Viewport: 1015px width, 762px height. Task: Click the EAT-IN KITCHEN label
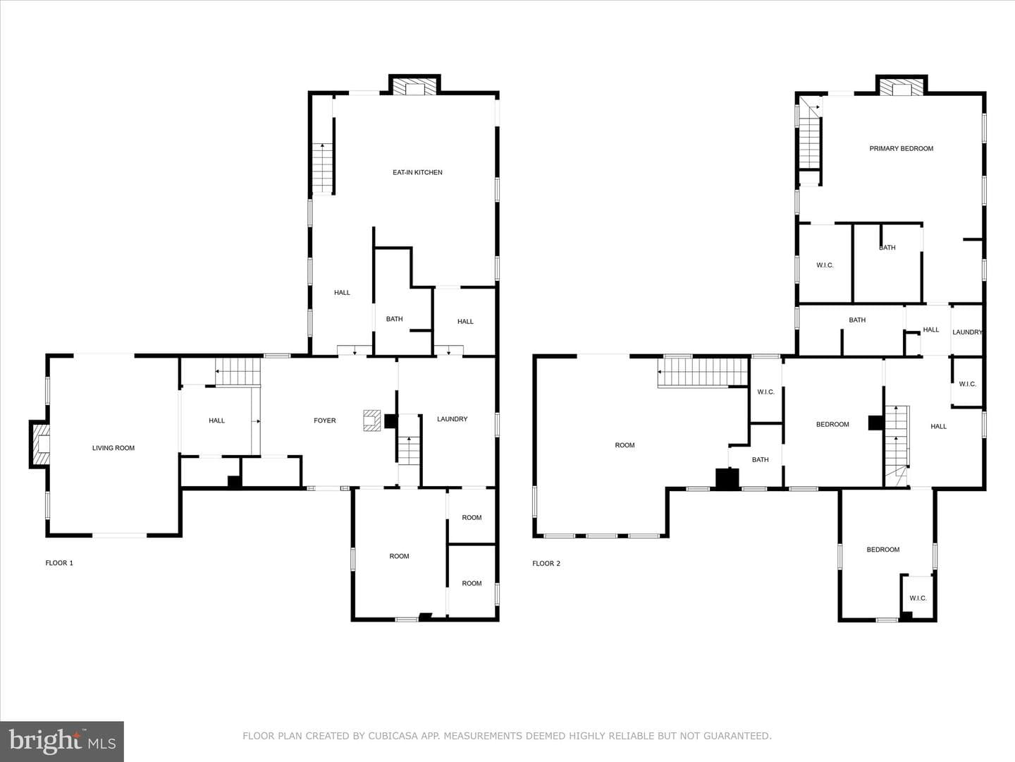point(417,173)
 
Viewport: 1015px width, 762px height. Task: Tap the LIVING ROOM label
point(113,448)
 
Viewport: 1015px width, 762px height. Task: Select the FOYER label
point(325,421)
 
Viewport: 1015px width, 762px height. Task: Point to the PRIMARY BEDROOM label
point(902,148)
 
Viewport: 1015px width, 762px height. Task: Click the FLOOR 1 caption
point(59,563)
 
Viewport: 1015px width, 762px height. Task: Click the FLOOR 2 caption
point(546,564)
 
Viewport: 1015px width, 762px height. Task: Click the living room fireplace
point(39,445)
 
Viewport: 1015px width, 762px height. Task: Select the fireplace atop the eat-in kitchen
point(414,85)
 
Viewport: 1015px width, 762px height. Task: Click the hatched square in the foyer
point(371,421)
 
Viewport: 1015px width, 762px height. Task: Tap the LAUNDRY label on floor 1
point(453,419)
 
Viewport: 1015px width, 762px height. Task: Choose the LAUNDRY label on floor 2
point(967,332)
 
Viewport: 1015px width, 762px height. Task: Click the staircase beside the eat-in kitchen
point(323,169)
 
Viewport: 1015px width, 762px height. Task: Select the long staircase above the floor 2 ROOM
point(703,373)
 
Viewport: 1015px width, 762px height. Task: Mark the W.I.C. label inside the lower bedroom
point(918,598)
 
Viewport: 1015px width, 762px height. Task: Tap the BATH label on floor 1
point(395,319)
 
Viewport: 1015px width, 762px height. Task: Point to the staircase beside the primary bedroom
point(810,138)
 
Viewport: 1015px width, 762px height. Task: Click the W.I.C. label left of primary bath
point(825,265)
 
